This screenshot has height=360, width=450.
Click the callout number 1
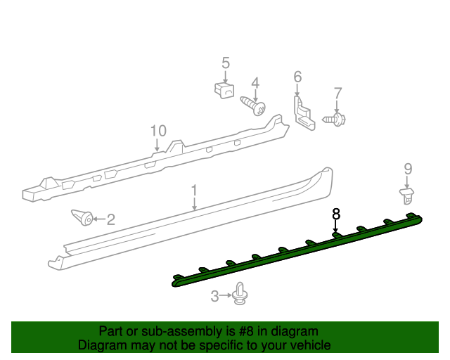click(x=194, y=191)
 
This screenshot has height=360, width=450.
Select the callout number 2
click(x=110, y=219)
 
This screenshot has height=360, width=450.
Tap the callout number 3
click(x=215, y=297)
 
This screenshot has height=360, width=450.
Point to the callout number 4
click(x=255, y=82)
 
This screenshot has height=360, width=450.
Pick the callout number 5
click(x=226, y=63)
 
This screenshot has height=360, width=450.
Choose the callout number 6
click(x=297, y=76)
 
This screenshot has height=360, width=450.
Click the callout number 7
click(x=337, y=93)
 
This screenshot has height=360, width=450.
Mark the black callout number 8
click(x=336, y=212)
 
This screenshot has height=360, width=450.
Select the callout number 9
click(x=408, y=169)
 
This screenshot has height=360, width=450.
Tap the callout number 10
click(x=157, y=131)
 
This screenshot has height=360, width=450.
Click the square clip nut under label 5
click(x=224, y=90)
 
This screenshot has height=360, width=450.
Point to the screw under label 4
click(x=255, y=105)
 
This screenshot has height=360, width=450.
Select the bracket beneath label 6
click(x=304, y=115)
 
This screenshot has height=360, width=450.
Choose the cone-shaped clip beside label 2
click(x=83, y=217)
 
